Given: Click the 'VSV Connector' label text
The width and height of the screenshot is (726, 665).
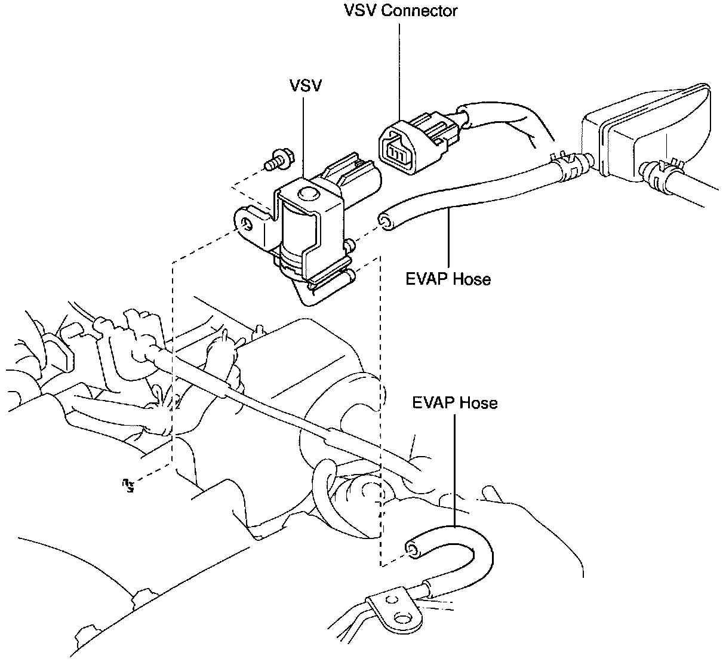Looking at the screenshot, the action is tap(400, 11).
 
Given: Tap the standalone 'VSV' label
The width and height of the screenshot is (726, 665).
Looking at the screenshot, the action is tap(306, 85).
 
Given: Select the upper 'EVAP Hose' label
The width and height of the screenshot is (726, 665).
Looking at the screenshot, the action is tap(448, 279).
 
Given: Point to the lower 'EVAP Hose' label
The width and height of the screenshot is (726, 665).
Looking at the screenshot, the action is tap(455, 402).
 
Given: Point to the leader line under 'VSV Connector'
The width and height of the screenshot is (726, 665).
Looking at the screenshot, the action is tap(399, 72).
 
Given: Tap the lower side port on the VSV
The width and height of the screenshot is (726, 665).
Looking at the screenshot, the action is tap(350, 276).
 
